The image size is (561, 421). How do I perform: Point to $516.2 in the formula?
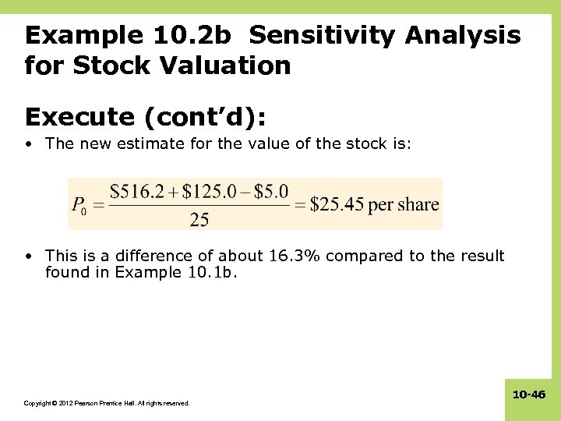tap(136, 192)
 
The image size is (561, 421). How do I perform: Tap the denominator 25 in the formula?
tap(199, 220)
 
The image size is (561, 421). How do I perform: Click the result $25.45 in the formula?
tap(337, 205)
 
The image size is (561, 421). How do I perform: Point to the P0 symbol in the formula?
tap(79, 207)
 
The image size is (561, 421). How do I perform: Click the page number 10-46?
tap(528, 395)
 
